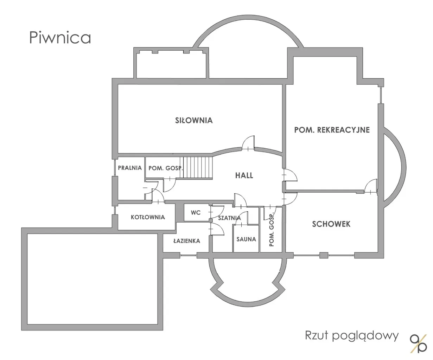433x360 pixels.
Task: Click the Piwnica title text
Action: point(60,38)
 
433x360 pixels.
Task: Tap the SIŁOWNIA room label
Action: point(194,121)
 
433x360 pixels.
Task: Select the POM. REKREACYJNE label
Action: point(332,130)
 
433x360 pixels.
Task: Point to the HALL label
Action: point(244,175)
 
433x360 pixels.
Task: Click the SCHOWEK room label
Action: point(331,224)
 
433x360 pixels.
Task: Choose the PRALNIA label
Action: point(130,168)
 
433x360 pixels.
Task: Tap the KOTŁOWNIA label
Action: point(148,217)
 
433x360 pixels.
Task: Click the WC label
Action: point(196,213)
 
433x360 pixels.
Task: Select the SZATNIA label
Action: point(229,218)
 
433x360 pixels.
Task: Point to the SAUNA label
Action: point(246,239)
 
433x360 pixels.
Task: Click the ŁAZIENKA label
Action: point(187,241)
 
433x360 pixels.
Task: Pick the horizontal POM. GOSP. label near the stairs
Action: point(166,168)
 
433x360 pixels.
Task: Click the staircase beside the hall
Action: point(196,168)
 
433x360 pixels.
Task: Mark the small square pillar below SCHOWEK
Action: point(324,255)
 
